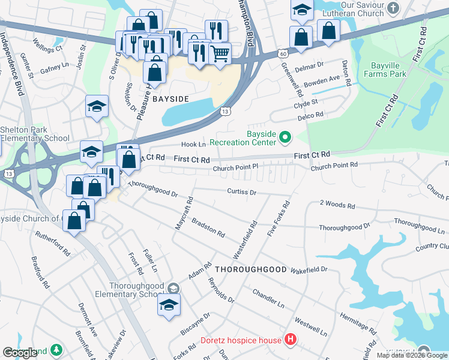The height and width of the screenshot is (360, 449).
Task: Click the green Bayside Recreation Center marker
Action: [x=286, y=138]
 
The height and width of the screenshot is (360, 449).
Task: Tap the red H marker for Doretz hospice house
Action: [x=291, y=340]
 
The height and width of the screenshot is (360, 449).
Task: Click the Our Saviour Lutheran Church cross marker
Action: [x=393, y=8]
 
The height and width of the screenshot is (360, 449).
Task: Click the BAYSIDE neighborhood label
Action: [x=170, y=98]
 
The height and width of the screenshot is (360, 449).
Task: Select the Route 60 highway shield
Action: [x=283, y=55]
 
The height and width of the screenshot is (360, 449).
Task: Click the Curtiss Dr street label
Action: [x=242, y=192]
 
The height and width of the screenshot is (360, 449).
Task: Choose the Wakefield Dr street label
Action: [x=309, y=270]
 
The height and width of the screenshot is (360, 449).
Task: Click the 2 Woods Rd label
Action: [x=337, y=205]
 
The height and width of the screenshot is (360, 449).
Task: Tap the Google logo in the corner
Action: [x=20, y=353]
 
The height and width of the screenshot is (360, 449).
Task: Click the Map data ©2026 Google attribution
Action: [x=412, y=355]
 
